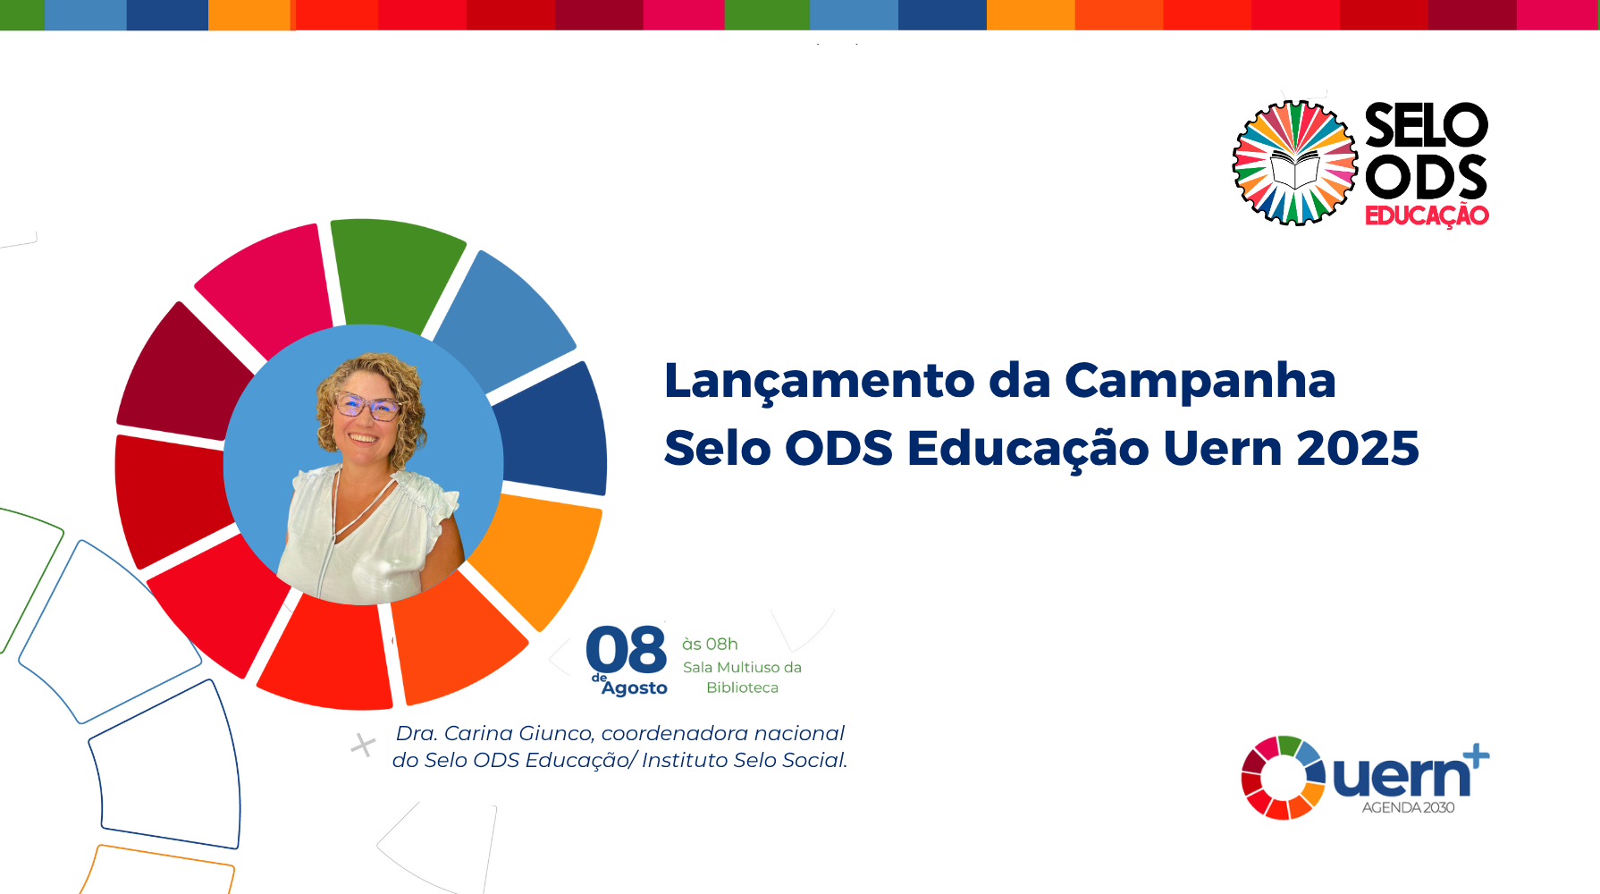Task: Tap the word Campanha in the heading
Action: [1200, 382]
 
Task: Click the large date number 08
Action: [627, 650]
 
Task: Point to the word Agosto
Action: [635, 687]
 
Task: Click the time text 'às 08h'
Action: [710, 644]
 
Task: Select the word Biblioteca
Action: [742, 687]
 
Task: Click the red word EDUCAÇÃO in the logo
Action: [1427, 215]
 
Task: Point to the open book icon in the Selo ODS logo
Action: [1295, 170]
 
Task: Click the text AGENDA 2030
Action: [1408, 807]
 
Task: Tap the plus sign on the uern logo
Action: [1476, 756]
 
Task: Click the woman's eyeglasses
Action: [366, 407]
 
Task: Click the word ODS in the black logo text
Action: [1427, 177]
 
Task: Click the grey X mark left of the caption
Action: [363, 745]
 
